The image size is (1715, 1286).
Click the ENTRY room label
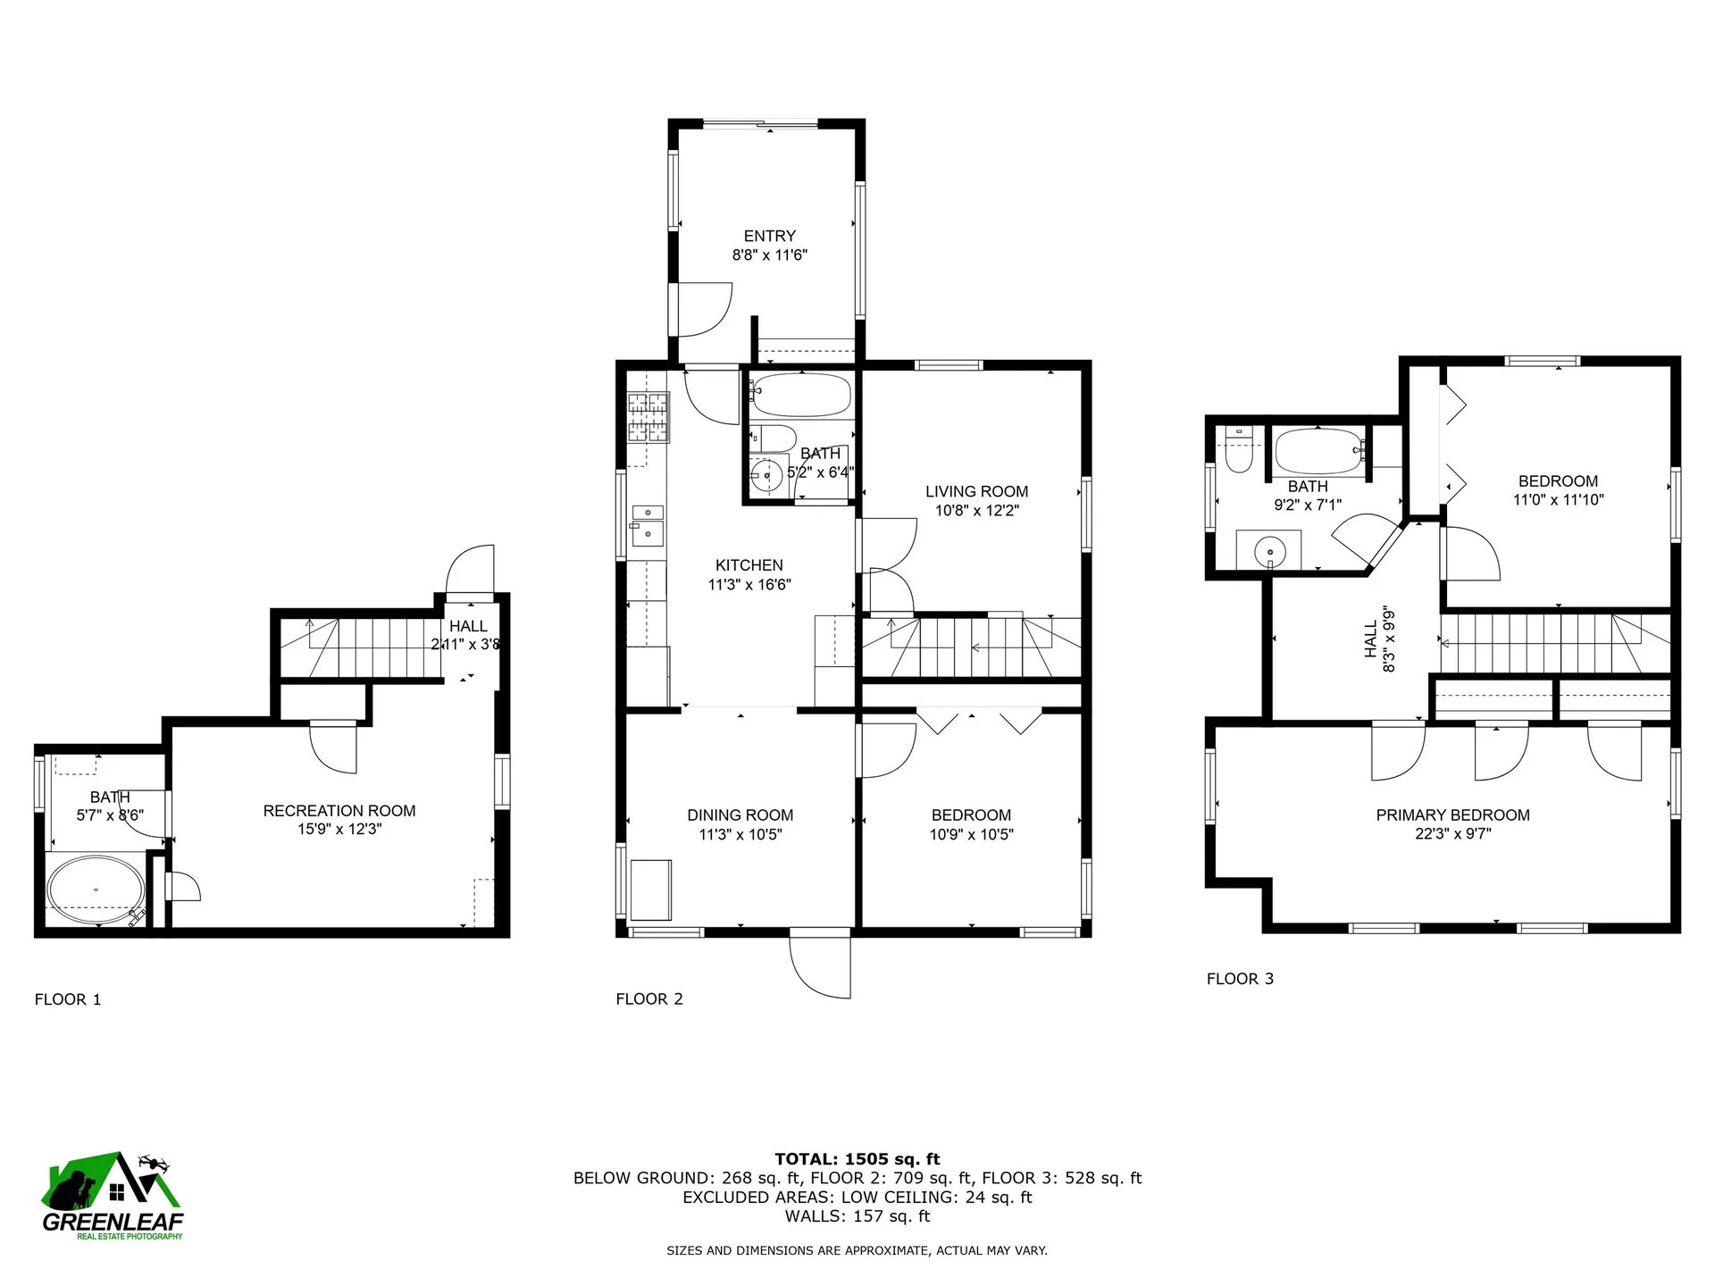(x=769, y=236)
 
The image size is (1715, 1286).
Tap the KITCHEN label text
(x=749, y=565)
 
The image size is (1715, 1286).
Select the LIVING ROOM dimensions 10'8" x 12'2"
(x=976, y=511)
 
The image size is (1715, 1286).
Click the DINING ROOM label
(x=740, y=814)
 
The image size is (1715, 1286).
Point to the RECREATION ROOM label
(x=339, y=811)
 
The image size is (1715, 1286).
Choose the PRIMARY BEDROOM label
(x=1452, y=814)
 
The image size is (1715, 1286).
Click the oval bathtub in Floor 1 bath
(x=96, y=889)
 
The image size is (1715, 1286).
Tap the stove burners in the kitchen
(x=648, y=418)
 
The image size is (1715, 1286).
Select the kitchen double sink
(x=647, y=524)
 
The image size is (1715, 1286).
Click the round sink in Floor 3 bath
(x=1268, y=552)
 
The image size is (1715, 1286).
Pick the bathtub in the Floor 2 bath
(x=801, y=395)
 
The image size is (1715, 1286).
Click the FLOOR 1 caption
(x=68, y=999)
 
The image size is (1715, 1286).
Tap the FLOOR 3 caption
(x=1240, y=979)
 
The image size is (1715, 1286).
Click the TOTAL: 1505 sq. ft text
(x=857, y=1159)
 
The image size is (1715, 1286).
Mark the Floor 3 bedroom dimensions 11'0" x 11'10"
(x=1558, y=500)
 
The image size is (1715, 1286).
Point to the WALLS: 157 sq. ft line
(x=857, y=1216)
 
